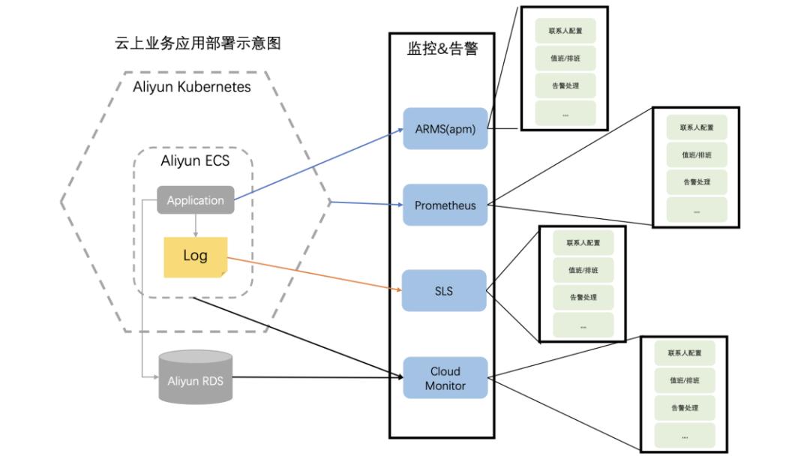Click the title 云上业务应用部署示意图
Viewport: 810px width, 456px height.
[197, 43]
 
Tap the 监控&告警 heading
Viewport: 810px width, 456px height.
[442, 49]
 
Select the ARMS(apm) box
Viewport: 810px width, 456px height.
[445, 128]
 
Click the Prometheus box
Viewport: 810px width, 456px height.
[445, 205]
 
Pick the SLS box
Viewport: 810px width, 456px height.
[444, 291]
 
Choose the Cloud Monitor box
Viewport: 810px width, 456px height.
[445, 378]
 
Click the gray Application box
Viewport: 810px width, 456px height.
[195, 200]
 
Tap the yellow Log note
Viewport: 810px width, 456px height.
[195, 256]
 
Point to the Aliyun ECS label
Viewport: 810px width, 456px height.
[195, 160]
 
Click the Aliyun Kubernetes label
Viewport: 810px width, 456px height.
[192, 87]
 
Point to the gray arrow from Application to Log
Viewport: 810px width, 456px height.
[195, 225]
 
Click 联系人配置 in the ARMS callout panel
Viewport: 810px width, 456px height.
[565, 31]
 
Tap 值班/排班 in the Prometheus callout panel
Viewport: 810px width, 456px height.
[696, 155]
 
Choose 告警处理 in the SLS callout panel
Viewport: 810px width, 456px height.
[583, 297]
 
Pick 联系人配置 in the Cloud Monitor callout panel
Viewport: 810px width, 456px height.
[684, 352]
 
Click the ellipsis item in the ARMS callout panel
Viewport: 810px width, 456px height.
[565, 114]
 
